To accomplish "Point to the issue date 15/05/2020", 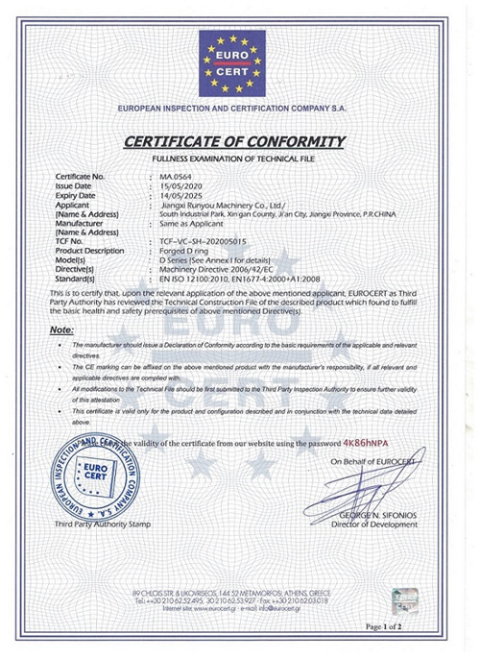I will click(180, 185).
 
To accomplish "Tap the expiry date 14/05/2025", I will click(180, 195).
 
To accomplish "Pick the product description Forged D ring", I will click(188, 249).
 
